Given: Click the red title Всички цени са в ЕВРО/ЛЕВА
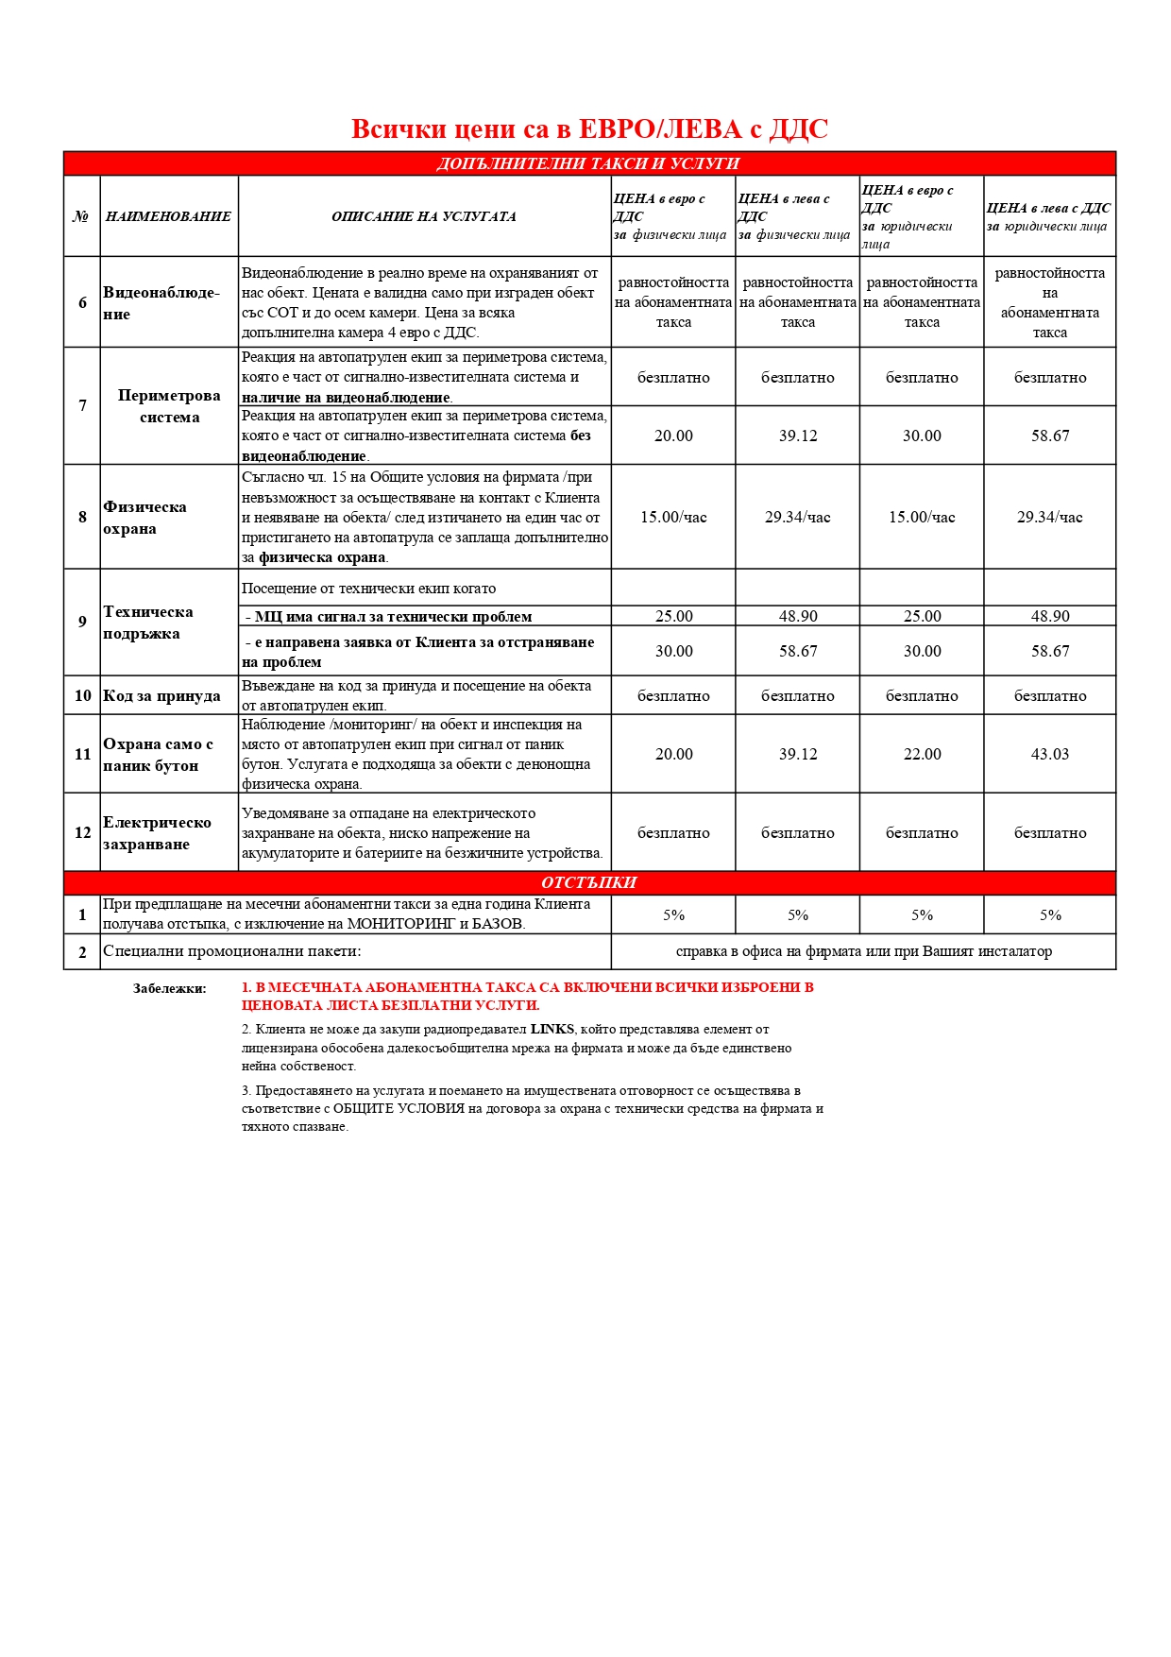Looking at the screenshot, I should coord(589,129).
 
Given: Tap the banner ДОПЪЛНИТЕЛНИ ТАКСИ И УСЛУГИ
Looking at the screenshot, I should coord(588,163).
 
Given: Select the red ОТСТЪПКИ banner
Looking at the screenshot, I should coord(588,882).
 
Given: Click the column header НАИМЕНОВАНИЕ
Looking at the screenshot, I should coord(168,216).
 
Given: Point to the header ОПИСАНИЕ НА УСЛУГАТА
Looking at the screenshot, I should coord(424,216).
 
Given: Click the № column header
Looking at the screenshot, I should coord(81,216).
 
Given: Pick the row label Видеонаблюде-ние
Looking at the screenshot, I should coord(161,302).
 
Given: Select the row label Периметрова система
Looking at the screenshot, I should coord(169,406).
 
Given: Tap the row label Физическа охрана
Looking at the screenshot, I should coord(144,517).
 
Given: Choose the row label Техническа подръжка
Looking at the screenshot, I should coord(147,622).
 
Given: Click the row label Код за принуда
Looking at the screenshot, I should coord(161,695).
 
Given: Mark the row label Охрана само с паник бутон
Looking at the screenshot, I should coord(158,754).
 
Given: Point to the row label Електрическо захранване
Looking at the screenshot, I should coord(157,832).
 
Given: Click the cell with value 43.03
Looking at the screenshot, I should coord(1049,754).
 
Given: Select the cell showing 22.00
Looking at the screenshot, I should coord(922,754).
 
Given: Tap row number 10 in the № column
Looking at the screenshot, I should coord(82,695).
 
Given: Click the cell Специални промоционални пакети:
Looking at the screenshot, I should coord(232,951).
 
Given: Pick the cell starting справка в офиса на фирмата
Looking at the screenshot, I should coord(863,951).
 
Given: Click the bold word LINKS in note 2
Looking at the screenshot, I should coord(552,1029).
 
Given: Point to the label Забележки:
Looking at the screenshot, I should coord(169,988).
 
